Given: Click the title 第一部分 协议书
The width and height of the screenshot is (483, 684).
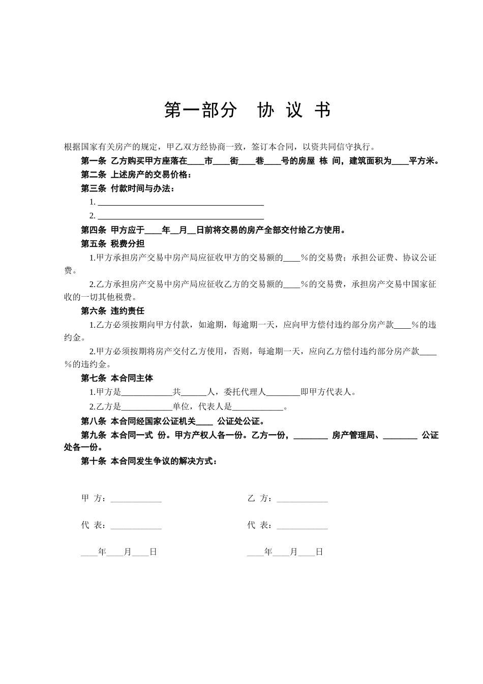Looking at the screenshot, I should (247, 110).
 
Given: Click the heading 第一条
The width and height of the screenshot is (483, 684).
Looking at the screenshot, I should (94, 161).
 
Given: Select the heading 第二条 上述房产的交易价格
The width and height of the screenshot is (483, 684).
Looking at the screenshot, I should (136, 175).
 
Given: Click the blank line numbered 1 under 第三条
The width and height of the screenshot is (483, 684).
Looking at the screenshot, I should (180, 203).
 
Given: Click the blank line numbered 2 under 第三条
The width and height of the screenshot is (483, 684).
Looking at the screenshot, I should (180, 217).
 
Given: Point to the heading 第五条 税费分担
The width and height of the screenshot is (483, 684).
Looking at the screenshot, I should (112, 243).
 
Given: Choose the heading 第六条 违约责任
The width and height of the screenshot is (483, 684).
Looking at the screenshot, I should (112, 311).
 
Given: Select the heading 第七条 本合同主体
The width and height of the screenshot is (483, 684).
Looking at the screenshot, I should (117, 378).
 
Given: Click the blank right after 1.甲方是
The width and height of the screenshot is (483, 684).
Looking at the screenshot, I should (147, 392).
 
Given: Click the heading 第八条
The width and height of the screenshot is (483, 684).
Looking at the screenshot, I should (94, 421).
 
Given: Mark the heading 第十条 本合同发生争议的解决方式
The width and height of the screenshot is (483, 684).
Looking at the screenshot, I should (149, 462).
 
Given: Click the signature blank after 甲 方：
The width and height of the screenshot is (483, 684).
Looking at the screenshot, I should (136, 499).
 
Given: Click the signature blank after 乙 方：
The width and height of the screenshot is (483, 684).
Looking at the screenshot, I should (302, 499).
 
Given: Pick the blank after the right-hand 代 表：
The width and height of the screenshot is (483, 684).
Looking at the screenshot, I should (302, 526).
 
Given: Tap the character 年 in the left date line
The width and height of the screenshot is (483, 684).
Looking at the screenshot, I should (102, 552).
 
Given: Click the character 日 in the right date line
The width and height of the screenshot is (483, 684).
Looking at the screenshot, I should (319, 552).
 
